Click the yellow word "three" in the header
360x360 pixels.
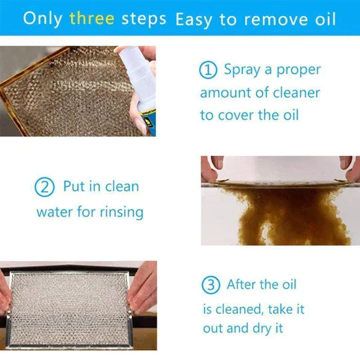92,19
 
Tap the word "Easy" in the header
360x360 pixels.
193,20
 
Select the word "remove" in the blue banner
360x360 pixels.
275,19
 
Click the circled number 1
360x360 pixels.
208,70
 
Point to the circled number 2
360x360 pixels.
45,187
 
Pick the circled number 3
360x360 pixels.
211,285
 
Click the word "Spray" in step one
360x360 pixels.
242,70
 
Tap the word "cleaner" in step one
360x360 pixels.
297,93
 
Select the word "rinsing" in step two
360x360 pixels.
122,212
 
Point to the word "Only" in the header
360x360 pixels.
43,19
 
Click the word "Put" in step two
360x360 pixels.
74,186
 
